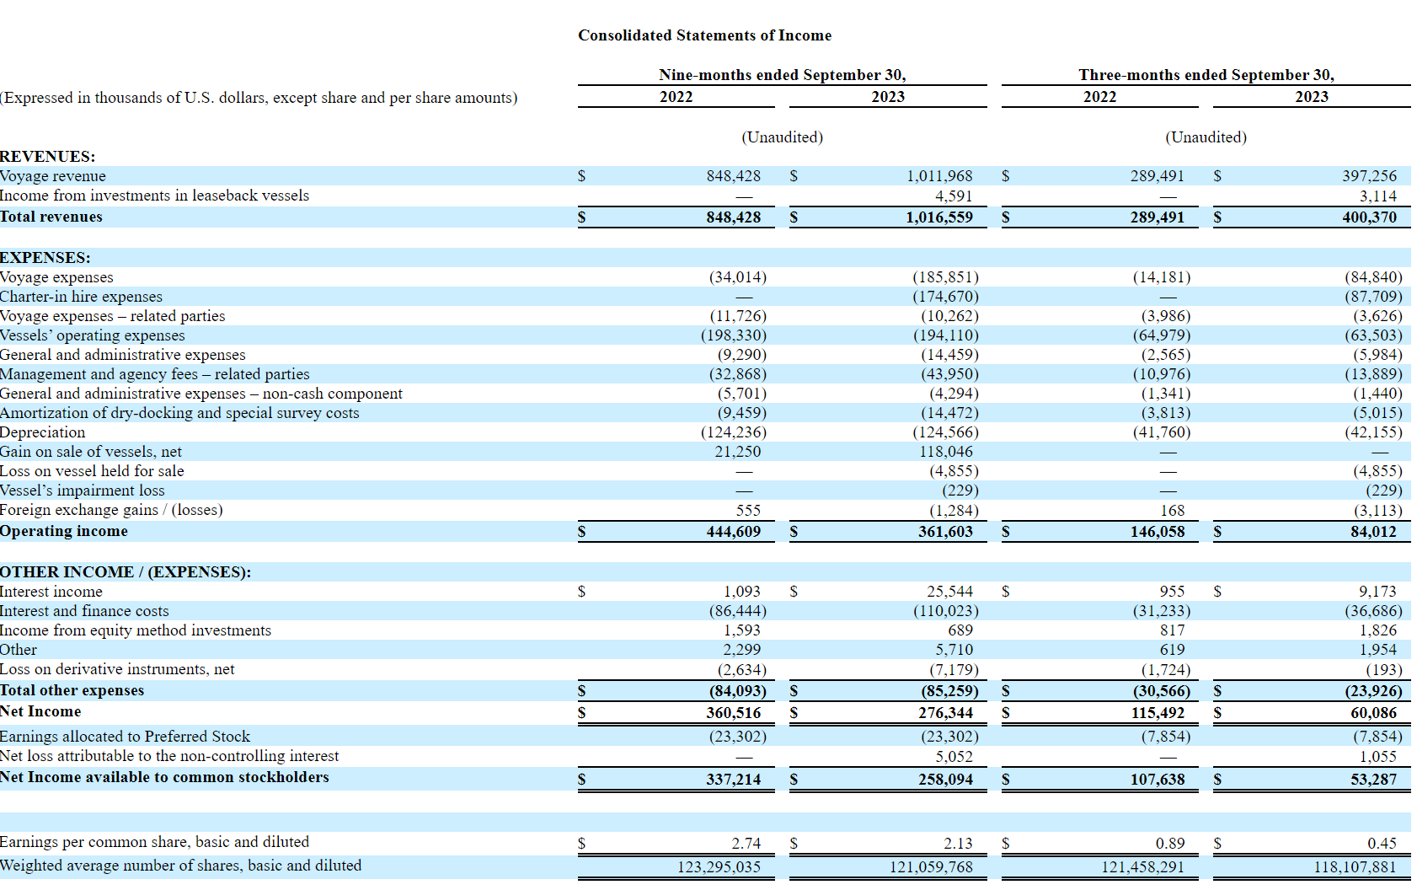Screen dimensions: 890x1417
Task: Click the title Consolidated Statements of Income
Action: click(704, 35)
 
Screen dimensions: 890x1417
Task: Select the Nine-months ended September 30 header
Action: click(782, 75)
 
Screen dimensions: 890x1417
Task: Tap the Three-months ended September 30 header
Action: click(1206, 75)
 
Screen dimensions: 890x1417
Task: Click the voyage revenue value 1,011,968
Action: click(938, 176)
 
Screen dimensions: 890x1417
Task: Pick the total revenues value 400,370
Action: click(1369, 217)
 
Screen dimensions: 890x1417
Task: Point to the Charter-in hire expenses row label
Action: click(82, 297)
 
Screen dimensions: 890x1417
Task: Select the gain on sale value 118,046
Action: click(945, 452)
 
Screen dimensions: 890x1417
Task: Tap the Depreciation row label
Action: click(43, 432)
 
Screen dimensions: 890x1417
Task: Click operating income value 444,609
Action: click(733, 532)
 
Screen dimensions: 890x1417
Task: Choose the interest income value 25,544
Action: click(949, 592)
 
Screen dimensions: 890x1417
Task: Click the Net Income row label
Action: click(40, 711)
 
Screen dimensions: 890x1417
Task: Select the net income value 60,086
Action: click(1373, 713)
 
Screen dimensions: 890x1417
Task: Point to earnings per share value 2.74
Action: click(746, 844)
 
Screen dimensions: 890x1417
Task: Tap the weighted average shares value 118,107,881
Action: click(1354, 867)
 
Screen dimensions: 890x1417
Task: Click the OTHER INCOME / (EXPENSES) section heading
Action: click(126, 572)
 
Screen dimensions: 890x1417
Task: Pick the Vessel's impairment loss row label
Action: click(83, 491)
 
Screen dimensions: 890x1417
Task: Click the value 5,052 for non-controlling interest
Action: click(954, 757)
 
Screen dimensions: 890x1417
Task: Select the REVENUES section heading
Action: click(48, 157)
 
